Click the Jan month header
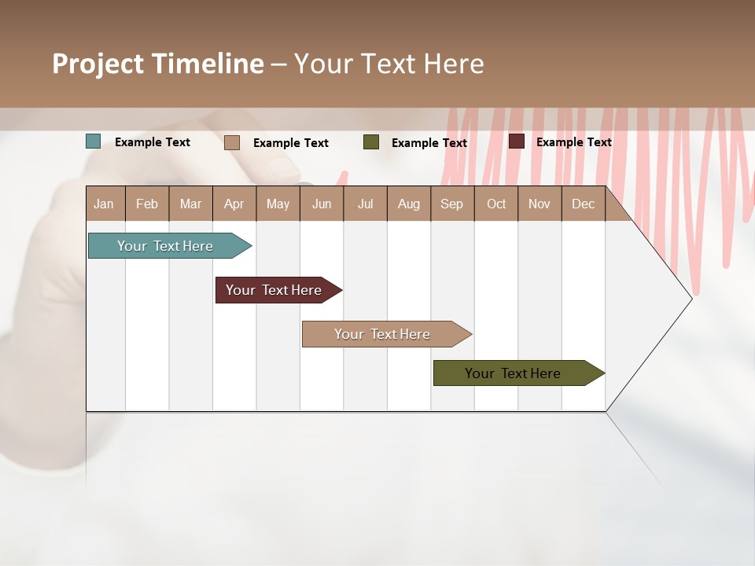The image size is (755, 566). (x=104, y=204)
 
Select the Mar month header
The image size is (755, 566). (x=190, y=204)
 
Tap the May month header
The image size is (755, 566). (x=278, y=204)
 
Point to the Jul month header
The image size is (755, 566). (x=365, y=204)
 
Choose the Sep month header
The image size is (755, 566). (x=451, y=204)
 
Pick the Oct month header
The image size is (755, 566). (x=496, y=204)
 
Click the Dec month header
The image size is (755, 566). (x=583, y=204)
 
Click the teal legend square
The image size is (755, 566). (x=94, y=141)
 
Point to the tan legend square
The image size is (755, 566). (x=232, y=142)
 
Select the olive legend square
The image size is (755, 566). (x=371, y=142)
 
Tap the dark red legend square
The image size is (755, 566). (x=516, y=141)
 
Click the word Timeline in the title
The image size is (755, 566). (x=207, y=64)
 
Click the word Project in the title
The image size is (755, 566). (x=98, y=64)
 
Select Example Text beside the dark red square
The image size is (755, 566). (x=573, y=141)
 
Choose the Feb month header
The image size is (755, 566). (x=147, y=204)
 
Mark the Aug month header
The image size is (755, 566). (x=408, y=204)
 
